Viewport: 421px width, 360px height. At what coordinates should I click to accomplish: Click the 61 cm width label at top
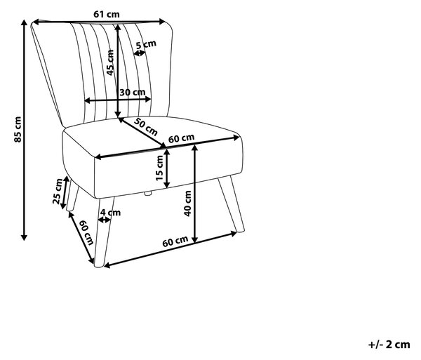pos(107,14)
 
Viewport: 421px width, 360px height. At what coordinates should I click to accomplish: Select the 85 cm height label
pos(18,129)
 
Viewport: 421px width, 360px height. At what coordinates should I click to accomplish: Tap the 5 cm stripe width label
pos(146,44)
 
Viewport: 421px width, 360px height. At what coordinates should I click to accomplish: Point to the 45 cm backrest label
pos(110,62)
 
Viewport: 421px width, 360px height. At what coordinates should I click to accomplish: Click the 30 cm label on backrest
pos(133,93)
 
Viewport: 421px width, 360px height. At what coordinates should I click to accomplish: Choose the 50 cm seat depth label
pos(146,126)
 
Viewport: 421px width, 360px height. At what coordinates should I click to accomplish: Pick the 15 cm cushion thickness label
pos(159,168)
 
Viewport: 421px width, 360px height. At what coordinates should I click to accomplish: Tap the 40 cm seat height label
pos(187,204)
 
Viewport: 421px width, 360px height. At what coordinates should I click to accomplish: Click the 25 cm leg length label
pos(58,191)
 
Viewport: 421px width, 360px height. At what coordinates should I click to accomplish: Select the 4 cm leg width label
pos(110,213)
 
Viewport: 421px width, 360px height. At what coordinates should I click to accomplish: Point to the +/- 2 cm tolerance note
pos(389,345)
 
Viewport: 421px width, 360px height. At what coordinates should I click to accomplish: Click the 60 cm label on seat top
pos(181,138)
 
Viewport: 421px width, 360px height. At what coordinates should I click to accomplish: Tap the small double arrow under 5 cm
pos(140,53)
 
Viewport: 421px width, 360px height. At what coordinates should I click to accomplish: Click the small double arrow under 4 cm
pos(105,220)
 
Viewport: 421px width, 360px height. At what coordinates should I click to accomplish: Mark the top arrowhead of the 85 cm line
pos(24,22)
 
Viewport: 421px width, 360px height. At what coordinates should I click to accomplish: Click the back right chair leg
pos(231,204)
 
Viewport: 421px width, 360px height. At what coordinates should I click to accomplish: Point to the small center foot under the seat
pos(148,193)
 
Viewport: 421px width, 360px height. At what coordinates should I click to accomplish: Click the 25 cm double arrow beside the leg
pos(65,192)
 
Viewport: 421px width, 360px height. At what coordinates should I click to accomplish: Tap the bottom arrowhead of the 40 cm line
pos(195,240)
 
